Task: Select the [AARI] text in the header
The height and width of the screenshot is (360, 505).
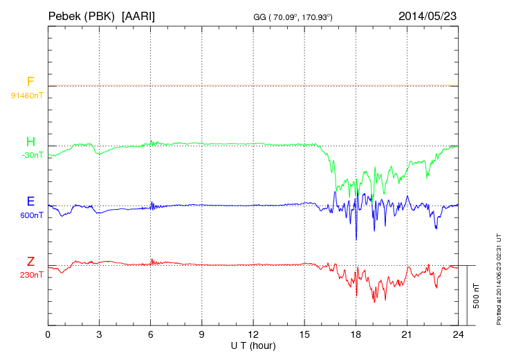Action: (138, 15)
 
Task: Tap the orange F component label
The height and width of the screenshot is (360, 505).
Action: (30, 82)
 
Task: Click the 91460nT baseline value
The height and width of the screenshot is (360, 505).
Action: (27, 95)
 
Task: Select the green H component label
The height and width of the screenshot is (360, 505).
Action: (30, 142)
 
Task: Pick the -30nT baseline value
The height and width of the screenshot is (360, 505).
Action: (32, 155)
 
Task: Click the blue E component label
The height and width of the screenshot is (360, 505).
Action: (30, 202)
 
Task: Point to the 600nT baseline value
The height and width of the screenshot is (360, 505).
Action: (32, 215)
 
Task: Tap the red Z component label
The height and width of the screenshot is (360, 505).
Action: (30, 262)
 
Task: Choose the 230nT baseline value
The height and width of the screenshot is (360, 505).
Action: (32, 275)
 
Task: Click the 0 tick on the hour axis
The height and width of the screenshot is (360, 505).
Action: (48, 334)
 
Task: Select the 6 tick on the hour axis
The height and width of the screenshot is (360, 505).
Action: (150, 334)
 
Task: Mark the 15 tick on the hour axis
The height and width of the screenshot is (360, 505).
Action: (304, 334)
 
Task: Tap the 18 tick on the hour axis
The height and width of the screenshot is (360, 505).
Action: (356, 334)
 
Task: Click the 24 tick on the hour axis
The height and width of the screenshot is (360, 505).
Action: (458, 334)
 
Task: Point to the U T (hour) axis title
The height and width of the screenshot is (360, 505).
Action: (252, 345)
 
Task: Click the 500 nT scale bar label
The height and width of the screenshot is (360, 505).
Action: (477, 296)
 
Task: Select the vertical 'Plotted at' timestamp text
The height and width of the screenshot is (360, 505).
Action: (499, 277)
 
